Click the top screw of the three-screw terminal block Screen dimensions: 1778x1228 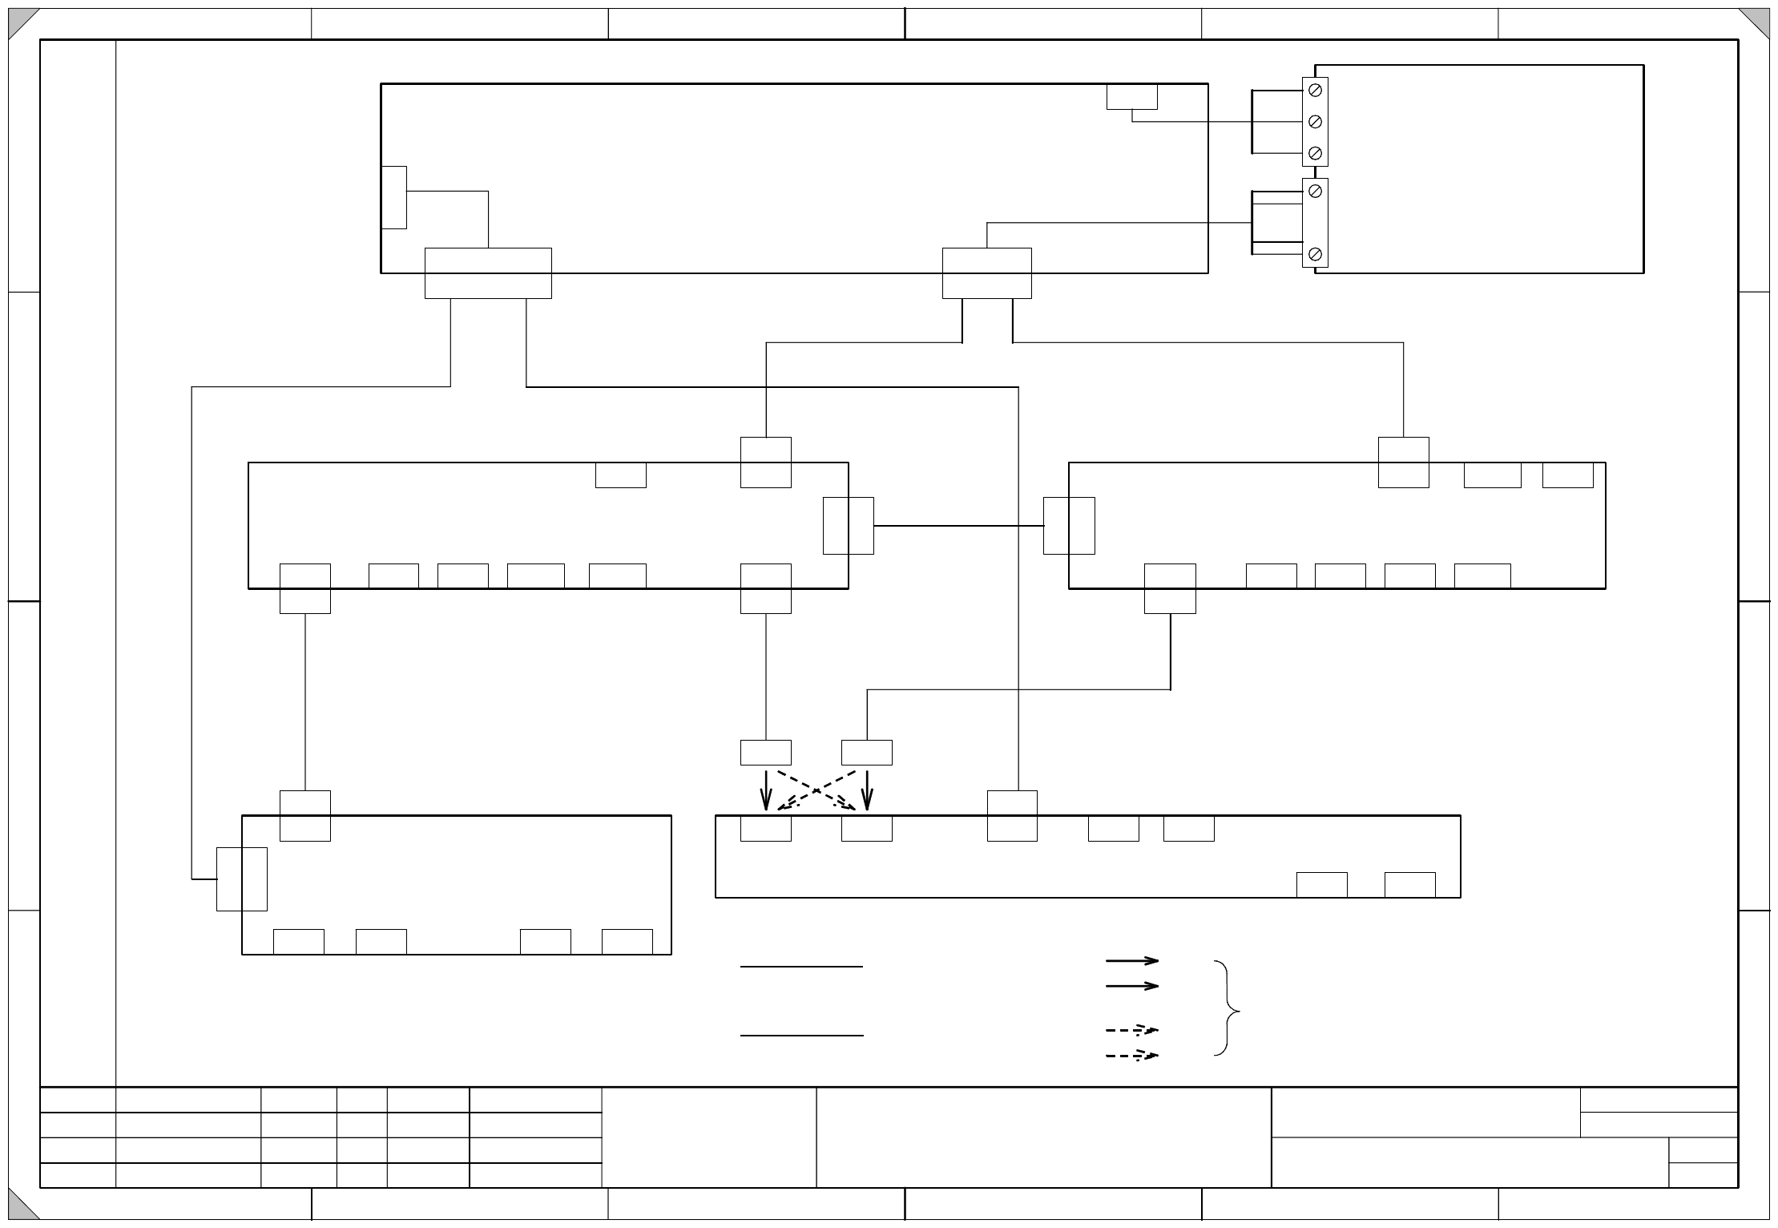coord(1315,91)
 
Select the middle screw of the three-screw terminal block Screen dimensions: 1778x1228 coord(1315,122)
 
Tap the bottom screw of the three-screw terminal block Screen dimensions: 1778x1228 coord(1315,152)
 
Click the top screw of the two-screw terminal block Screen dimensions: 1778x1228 coord(1315,192)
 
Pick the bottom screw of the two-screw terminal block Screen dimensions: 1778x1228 coord(1315,254)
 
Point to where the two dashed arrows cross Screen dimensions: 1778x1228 coord(816,790)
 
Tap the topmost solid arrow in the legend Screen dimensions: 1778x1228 coord(1132,959)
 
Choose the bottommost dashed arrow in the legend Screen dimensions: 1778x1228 coord(1132,1056)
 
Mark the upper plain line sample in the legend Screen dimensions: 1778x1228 coord(801,967)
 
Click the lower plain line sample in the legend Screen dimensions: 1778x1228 coord(801,1036)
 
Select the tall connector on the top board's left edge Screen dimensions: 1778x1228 coord(394,197)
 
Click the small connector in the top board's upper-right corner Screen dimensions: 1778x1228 coord(1131,96)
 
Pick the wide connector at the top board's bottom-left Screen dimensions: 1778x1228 coord(488,273)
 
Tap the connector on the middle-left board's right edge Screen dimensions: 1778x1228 coord(848,526)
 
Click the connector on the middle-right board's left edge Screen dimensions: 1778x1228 coord(1069,526)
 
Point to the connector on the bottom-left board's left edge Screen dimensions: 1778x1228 coord(242,879)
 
